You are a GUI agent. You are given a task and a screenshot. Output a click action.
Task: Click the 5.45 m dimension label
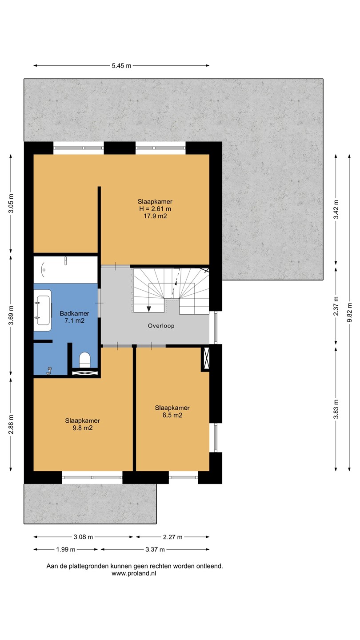click(121, 66)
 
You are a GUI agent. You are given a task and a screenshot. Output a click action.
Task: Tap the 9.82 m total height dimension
click(349, 312)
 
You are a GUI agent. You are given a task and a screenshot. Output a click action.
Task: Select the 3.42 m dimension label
click(336, 209)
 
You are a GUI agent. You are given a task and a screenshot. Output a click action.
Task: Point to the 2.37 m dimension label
click(336, 306)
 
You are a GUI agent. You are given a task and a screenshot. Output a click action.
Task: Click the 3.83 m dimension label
click(336, 409)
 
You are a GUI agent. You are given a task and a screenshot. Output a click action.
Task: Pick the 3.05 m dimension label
click(11, 204)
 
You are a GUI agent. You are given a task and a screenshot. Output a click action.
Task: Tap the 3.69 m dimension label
click(11, 316)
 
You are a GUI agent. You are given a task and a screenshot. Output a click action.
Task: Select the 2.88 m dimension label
click(11, 424)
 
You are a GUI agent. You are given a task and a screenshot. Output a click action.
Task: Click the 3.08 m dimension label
click(83, 537)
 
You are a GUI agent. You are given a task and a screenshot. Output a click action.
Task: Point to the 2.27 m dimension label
click(172, 537)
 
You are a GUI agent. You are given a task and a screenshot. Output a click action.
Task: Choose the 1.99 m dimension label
click(66, 549)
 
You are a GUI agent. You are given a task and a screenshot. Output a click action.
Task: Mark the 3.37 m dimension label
click(155, 549)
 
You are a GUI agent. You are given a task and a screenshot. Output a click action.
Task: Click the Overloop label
click(161, 326)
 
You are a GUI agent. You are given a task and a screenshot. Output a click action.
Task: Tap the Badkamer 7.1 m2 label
click(74, 317)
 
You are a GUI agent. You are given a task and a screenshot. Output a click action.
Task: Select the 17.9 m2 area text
click(155, 216)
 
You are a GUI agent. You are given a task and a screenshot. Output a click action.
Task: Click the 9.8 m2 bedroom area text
click(83, 428)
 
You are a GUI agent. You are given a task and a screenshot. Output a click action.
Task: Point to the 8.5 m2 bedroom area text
click(172, 415)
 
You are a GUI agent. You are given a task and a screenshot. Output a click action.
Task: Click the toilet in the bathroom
click(84, 360)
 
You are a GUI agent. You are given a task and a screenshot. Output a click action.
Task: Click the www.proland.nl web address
click(134, 573)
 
